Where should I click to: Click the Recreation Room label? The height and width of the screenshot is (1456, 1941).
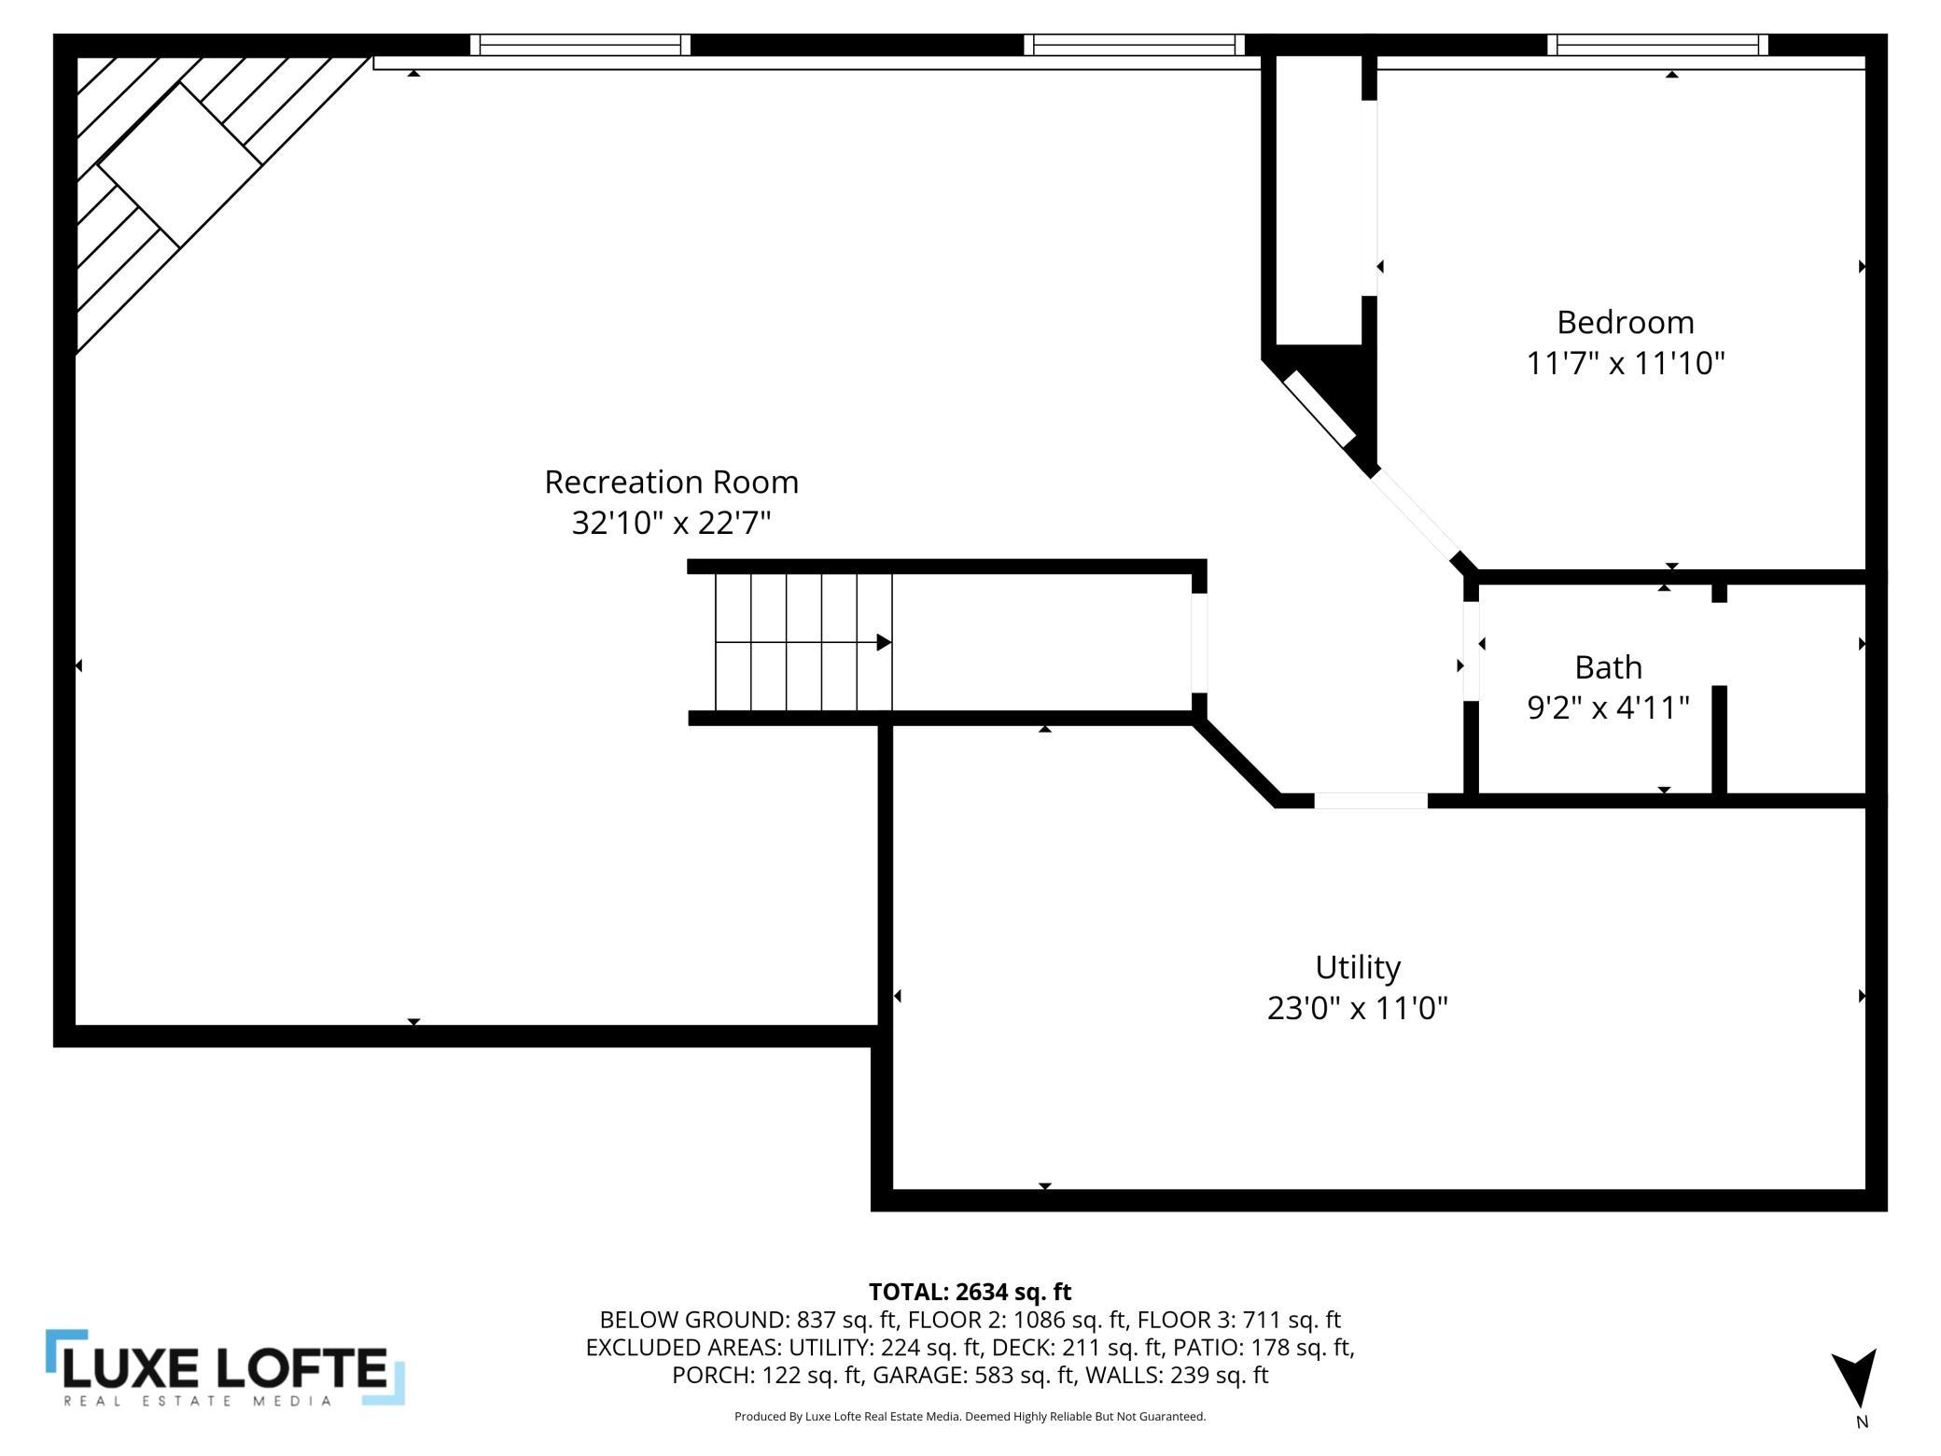click(x=671, y=482)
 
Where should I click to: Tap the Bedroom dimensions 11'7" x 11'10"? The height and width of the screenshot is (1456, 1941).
click(x=1625, y=362)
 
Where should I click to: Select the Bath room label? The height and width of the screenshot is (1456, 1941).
click(x=1608, y=667)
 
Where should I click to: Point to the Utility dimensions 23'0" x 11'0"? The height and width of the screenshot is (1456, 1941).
click(x=1357, y=1008)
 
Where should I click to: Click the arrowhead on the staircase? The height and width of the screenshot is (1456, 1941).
click(x=884, y=642)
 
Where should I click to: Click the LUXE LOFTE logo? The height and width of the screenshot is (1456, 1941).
click(x=225, y=1366)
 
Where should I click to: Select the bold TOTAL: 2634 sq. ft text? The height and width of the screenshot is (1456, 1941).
click(x=970, y=1292)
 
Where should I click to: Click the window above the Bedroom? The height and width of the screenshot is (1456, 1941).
click(x=1657, y=45)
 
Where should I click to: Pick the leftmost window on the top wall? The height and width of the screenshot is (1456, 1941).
click(x=580, y=45)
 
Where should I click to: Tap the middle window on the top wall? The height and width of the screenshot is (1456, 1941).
click(x=1134, y=45)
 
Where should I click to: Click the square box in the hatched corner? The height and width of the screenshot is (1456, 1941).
click(x=179, y=164)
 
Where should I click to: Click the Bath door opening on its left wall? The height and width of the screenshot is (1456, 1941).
click(x=1471, y=651)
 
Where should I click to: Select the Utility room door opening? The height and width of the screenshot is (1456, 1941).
click(x=1371, y=800)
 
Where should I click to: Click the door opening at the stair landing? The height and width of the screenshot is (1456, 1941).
click(x=1199, y=642)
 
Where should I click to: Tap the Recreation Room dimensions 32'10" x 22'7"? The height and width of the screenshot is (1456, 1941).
click(x=671, y=523)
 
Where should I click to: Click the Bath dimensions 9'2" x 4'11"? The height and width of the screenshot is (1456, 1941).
click(x=1608, y=707)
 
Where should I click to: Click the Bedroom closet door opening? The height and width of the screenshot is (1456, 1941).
click(x=1369, y=198)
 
